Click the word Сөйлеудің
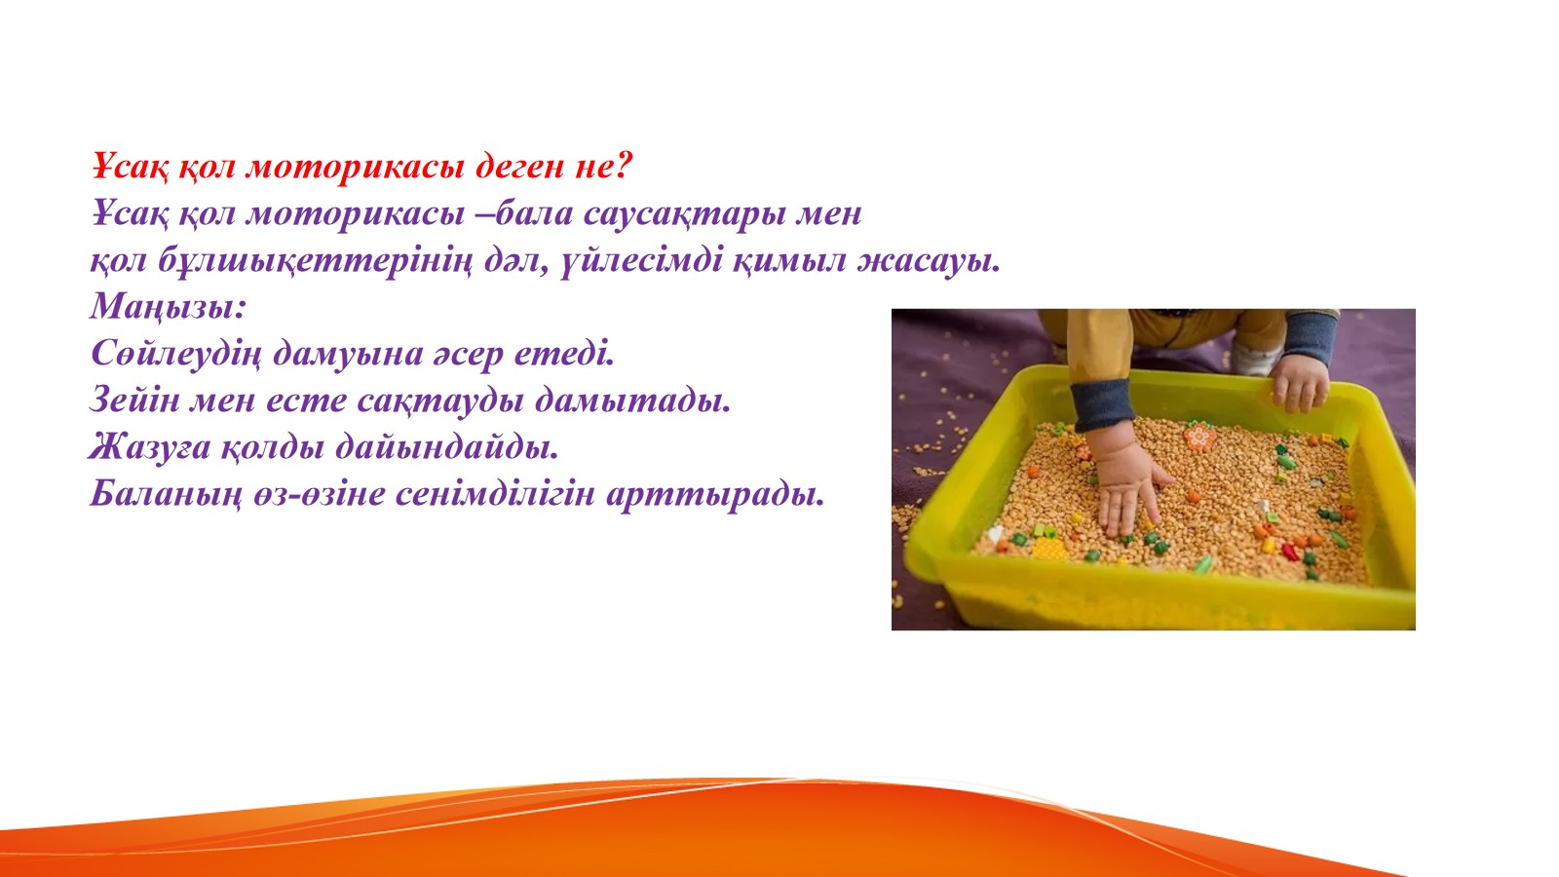[x=175, y=355]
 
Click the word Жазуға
[x=149, y=448]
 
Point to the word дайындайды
[x=447, y=448]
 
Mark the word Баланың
[x=166, y=495]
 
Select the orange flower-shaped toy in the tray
[x=1199, y=437]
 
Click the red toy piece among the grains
[x=1289, y=552]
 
